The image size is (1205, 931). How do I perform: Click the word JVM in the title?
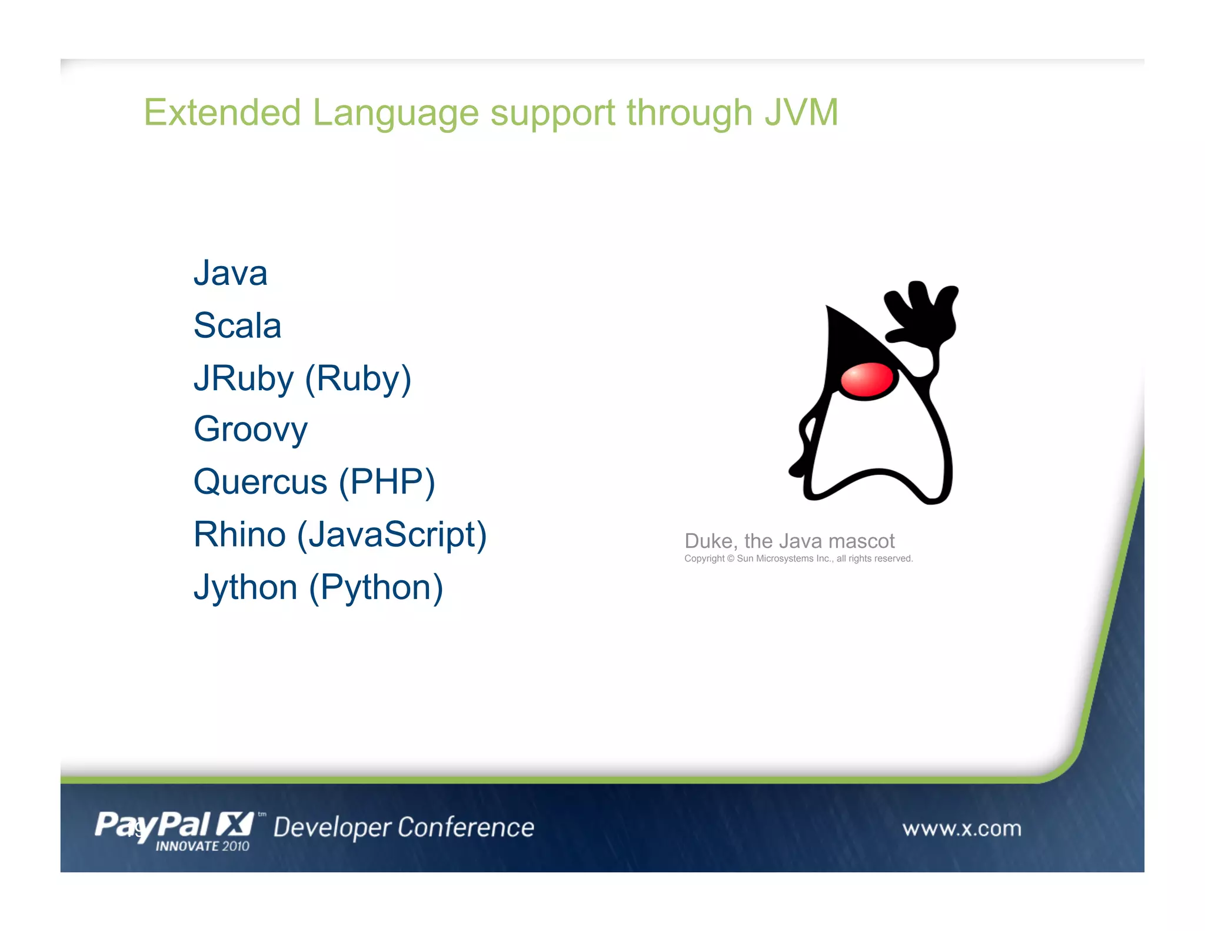[801, 112]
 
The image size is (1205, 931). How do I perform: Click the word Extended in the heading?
[222, 112]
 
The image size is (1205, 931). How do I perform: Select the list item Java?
[230, 274]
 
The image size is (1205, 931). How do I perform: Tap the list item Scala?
[237, 326]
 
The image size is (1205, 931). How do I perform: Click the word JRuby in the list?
[243, 378]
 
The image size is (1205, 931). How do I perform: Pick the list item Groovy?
[250, 430]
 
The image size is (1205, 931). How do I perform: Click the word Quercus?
[260, 482]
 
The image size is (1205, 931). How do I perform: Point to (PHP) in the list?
[387, 482]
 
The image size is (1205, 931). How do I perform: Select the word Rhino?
[239, 534]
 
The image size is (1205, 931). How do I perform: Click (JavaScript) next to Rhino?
[392, 534]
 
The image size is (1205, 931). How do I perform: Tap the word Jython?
[245, 587]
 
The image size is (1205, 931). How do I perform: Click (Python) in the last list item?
[376, 587]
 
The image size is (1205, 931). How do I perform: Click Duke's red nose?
[867, 381]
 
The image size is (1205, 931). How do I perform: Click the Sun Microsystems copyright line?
[798, 558]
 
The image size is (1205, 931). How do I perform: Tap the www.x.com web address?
[961, 829]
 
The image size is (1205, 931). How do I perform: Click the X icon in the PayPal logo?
[234, 824]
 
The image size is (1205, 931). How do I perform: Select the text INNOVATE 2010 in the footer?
[202, 846]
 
